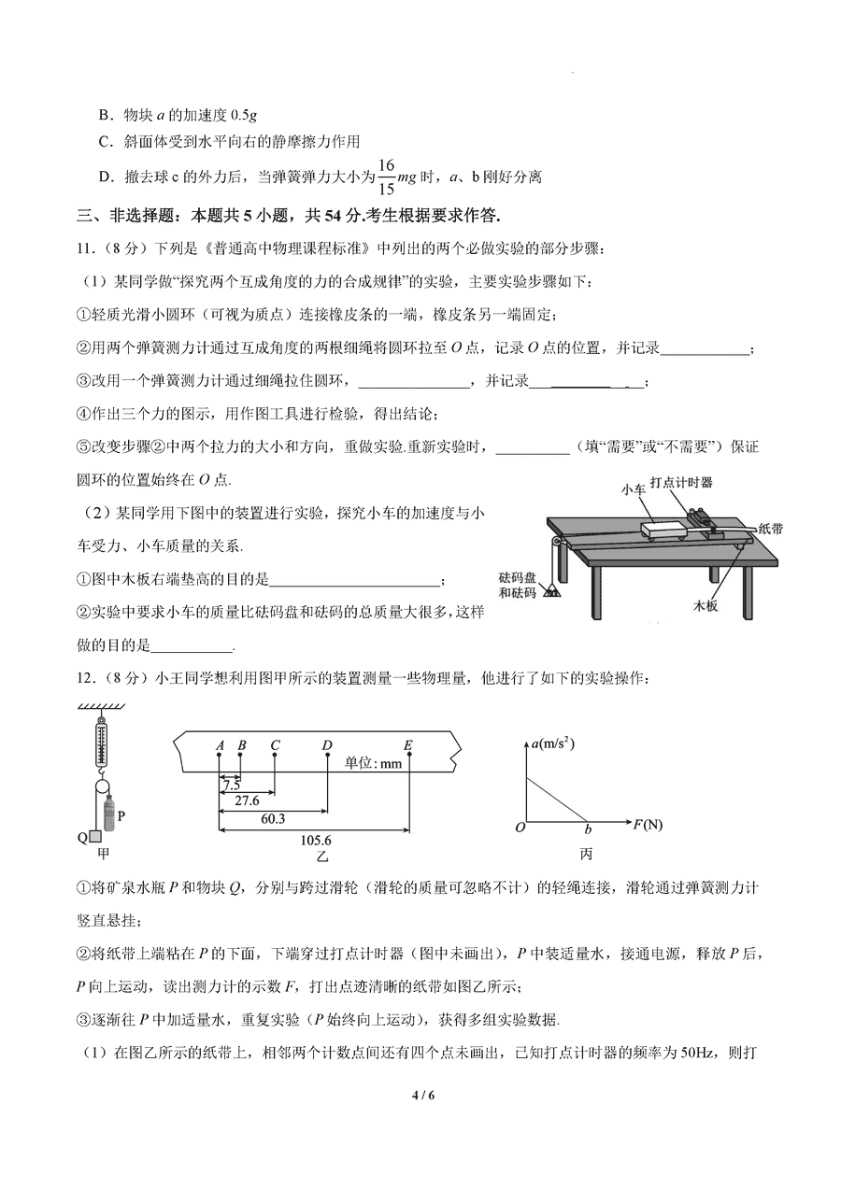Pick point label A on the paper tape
[220, 745]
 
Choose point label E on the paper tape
[408, 745]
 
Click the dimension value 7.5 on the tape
[232, 786]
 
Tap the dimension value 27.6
[247, 801]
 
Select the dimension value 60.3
[272, 819]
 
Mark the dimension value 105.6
[313, 838]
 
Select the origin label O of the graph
[520, 827]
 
